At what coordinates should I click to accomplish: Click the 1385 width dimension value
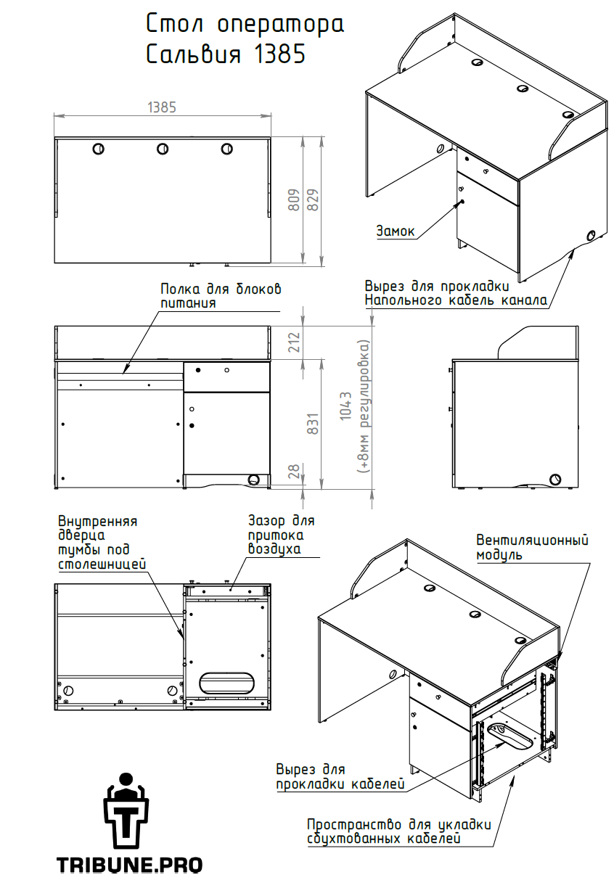[162, 107]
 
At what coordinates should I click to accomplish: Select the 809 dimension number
[294, 200]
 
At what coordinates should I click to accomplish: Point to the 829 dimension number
[313, 200]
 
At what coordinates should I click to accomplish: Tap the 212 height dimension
[294, 342]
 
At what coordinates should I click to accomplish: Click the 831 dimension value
[313, 424]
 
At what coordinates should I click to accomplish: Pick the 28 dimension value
[294, 471]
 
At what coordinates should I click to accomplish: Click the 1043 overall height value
[346, 406]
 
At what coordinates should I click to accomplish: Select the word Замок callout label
[395, 231]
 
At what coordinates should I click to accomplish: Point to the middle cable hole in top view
[162, 149]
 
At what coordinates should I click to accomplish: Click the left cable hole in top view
[98, 149]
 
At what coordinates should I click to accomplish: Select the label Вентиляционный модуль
[532, 547]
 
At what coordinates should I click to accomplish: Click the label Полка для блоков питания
[221, 296]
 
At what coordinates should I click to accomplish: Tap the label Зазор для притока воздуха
[282, 535]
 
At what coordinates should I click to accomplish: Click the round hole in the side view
[555, 480]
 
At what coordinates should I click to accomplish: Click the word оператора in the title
[280, 25]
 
